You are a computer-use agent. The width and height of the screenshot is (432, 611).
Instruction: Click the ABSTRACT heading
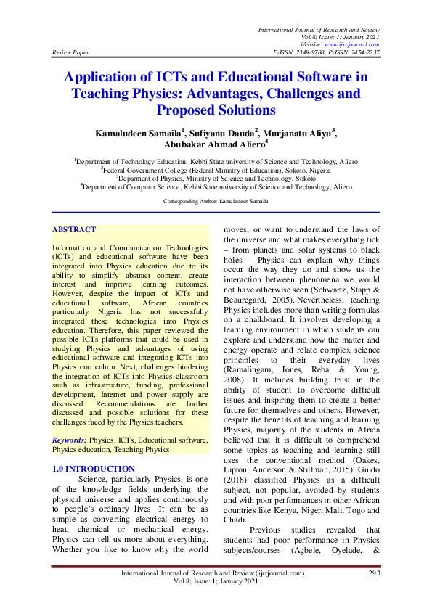[x=73, y=229]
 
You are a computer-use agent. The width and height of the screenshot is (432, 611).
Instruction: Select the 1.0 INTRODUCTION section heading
[x=94, y=469]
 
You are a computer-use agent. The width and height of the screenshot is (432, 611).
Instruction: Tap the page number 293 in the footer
[x=375, y=573]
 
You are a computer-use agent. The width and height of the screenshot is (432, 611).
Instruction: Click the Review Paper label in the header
[x=70, y=53]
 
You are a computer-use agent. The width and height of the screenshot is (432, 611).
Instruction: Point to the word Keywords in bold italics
[x=68, y=440]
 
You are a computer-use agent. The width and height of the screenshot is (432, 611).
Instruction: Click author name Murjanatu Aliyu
[x=298, y=134]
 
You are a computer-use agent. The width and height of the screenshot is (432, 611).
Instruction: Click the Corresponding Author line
[x=216, y=200]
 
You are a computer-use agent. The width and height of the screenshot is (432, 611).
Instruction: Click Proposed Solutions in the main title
[x=216, y=111]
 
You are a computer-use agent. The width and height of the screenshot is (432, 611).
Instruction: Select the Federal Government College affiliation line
[x=216, y=171]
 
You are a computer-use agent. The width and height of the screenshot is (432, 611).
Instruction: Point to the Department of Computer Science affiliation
[x=216, y=186]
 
